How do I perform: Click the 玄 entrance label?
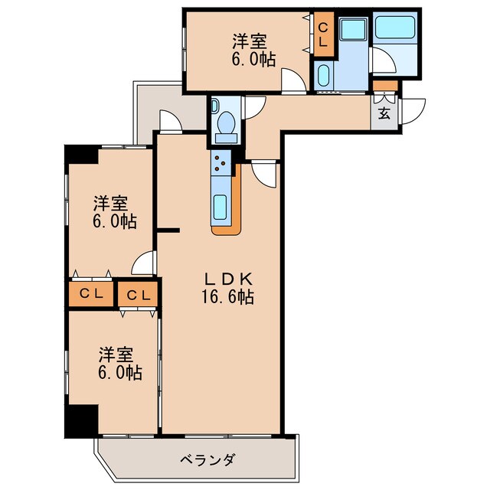(385, 115)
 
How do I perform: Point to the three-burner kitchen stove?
(220, 162)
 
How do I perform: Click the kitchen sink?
(220, 207)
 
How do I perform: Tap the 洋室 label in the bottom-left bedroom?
(116, 355)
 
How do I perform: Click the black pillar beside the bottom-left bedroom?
(80, 420)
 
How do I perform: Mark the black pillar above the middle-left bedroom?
(80, 153)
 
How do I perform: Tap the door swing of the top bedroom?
(292, 80)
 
